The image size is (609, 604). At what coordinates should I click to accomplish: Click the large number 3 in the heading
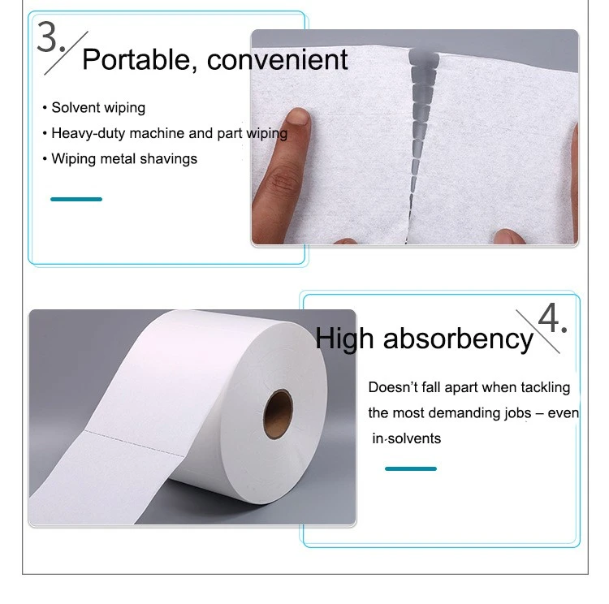pos(48,37)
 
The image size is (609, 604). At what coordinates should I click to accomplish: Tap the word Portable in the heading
pos(136,59)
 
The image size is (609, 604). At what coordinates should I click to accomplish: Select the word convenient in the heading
pos(277,59)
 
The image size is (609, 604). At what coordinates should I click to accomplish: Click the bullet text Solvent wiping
pos(98,108)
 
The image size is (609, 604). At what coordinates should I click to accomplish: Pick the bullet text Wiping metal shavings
pos(124,159)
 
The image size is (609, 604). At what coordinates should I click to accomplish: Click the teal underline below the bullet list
pos(76,199)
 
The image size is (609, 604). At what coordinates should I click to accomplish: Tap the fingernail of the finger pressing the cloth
pos(299,116)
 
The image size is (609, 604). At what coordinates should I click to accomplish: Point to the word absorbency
pos(458,339)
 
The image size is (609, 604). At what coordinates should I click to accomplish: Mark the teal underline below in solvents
pos(411,468)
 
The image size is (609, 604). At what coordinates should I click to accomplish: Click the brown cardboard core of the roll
pos(278,414)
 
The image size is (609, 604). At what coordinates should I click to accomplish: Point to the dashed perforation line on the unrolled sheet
pos(134,442)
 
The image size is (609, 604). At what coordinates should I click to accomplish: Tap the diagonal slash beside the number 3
pos(66,54)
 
